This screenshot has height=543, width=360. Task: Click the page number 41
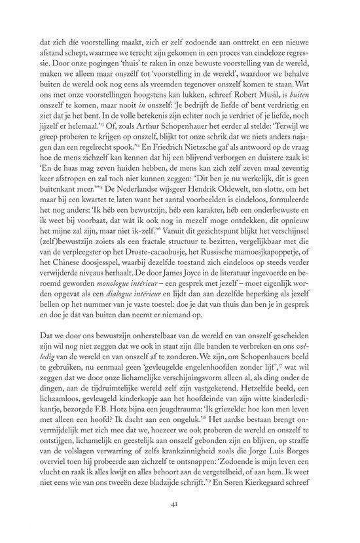pyautogui.click(x=179, y=523)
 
